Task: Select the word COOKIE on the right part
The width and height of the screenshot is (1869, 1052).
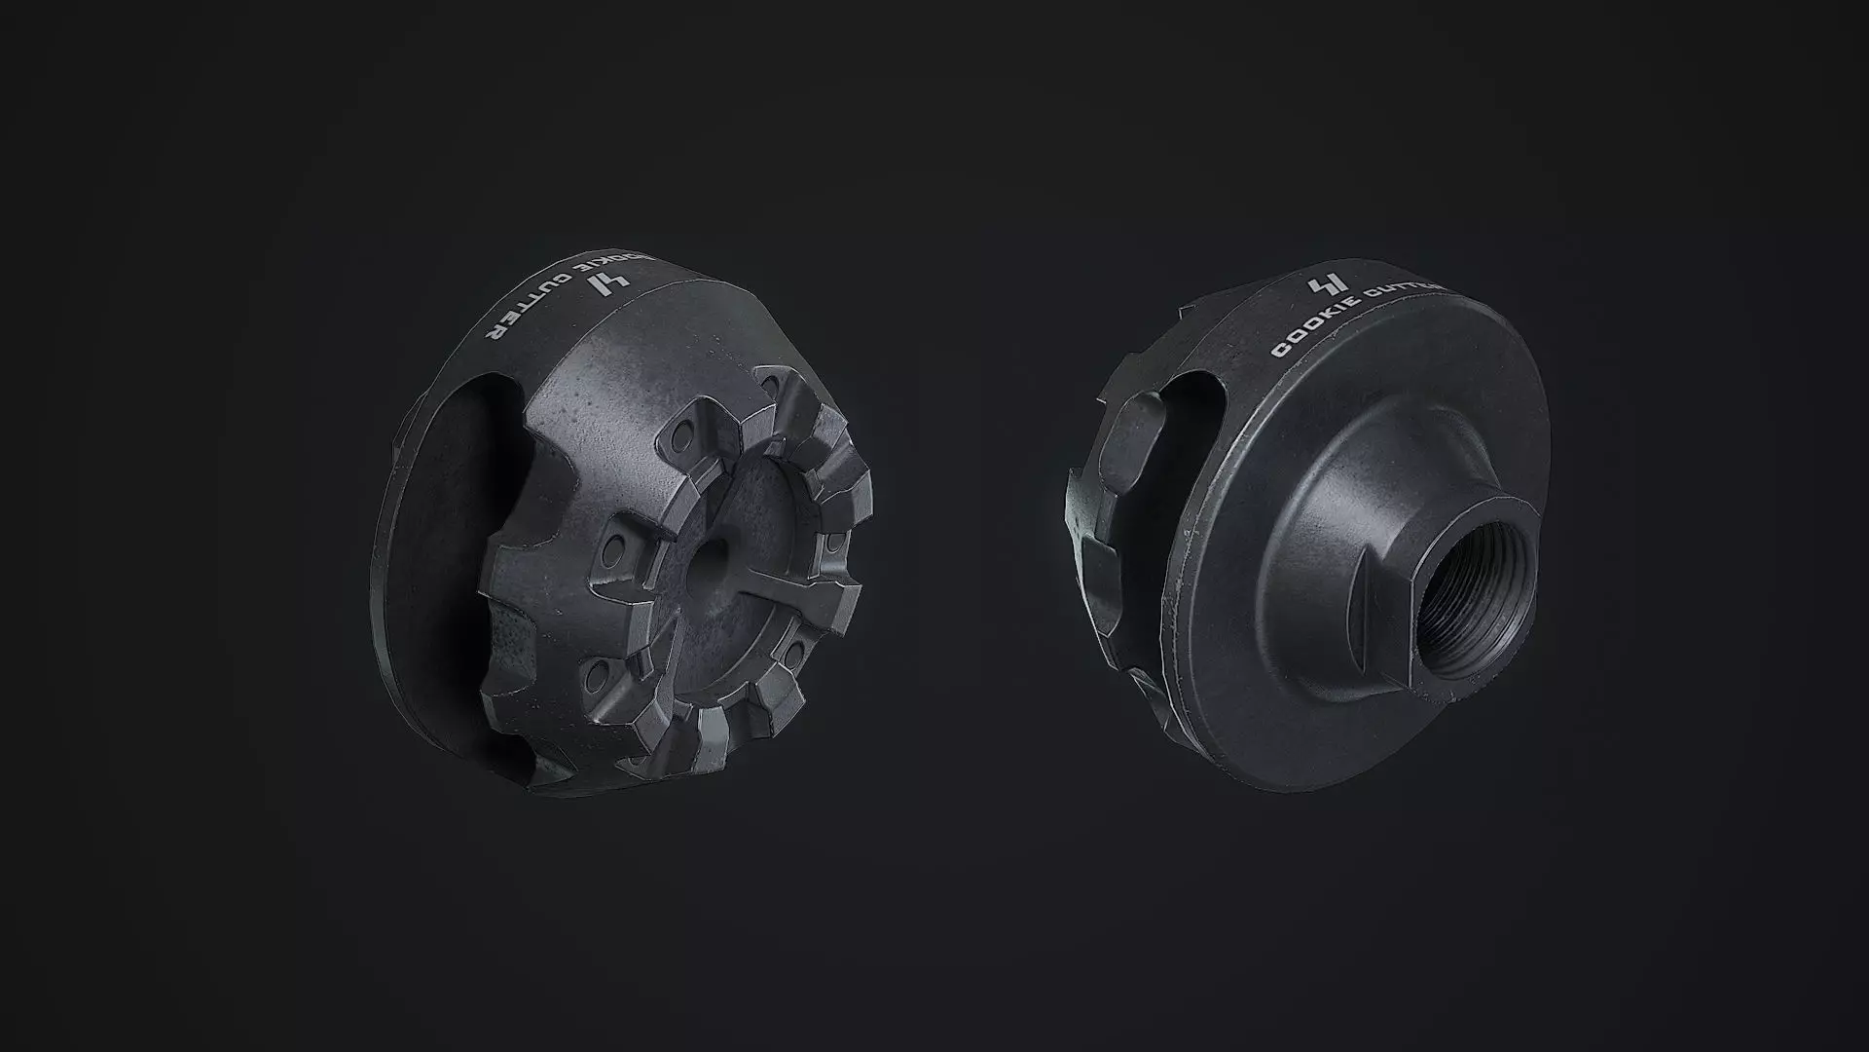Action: coord(1315,331)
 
